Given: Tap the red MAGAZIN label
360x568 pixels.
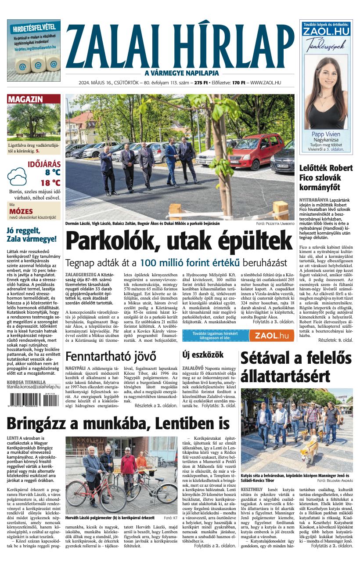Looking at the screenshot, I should click(25, 99).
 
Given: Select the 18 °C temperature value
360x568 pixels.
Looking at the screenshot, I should click(50, 183).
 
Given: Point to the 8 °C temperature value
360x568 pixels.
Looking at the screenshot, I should click(53, 172).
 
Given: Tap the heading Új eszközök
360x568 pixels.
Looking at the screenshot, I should click(203, 355).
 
